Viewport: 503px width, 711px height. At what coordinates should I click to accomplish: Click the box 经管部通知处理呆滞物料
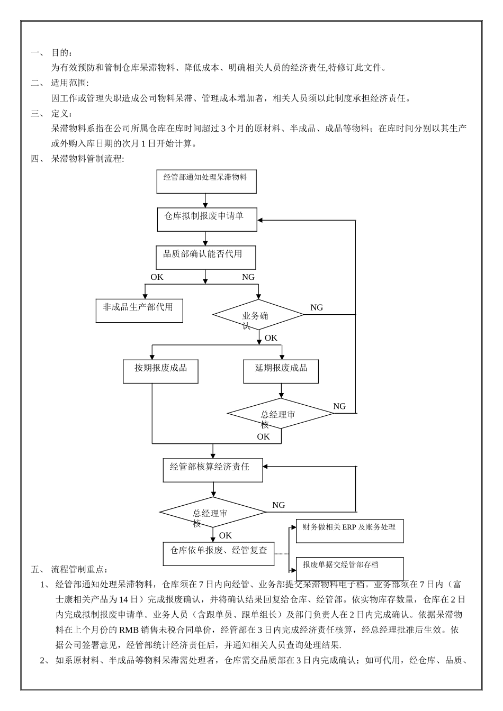tap(206, 181)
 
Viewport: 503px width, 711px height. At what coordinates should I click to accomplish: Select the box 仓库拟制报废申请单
tap(207, 219)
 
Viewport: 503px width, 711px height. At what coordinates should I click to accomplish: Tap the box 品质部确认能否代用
tap(206, 258)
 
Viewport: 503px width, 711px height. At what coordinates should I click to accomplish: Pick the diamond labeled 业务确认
tap(258, 315)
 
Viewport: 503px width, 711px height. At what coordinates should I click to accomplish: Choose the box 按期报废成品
tap(160, 371)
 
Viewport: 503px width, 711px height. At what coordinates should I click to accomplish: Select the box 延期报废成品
tap(281, 371)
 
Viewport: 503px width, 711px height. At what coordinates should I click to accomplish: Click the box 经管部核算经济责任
tap(213, 470)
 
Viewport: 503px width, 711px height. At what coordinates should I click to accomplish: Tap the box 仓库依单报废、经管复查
tap(219, 553)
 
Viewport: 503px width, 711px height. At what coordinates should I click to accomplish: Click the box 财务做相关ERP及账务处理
tap(349, 531)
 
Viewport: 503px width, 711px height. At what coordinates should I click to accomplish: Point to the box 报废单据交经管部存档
tap(349, 568)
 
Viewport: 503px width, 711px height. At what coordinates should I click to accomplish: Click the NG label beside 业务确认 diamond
tap(316, 307)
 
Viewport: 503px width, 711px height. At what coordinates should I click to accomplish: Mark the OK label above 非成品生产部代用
tap(157, 277)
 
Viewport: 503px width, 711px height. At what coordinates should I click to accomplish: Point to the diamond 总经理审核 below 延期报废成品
tap(281, 414)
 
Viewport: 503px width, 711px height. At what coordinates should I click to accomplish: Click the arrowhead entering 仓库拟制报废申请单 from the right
tap(261, 220)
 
